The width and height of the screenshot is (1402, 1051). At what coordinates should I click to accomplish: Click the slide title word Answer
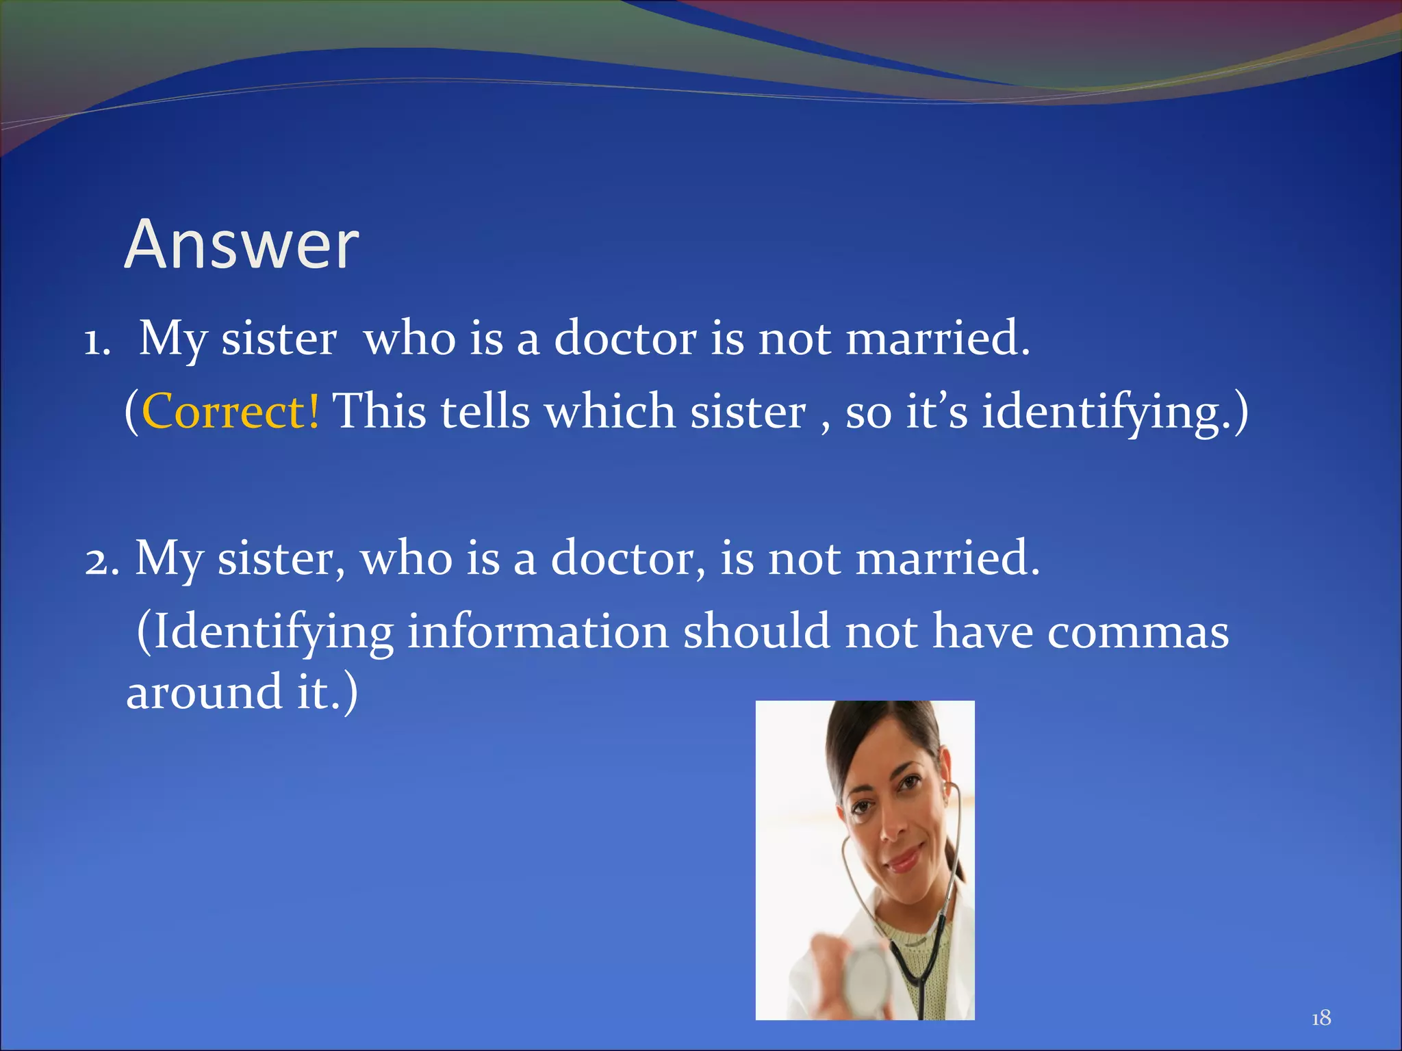tap(241, 244)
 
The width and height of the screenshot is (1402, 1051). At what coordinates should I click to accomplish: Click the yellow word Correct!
tap(230, 411)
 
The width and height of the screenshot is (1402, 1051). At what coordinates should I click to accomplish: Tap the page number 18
tap(1321, 1018)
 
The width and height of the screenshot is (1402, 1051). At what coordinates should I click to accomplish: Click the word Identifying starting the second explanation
tap(273, 632)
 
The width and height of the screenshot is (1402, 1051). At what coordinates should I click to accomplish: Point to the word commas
tap(1138, 632)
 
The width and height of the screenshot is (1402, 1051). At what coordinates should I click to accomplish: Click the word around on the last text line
tap(204, 692)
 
